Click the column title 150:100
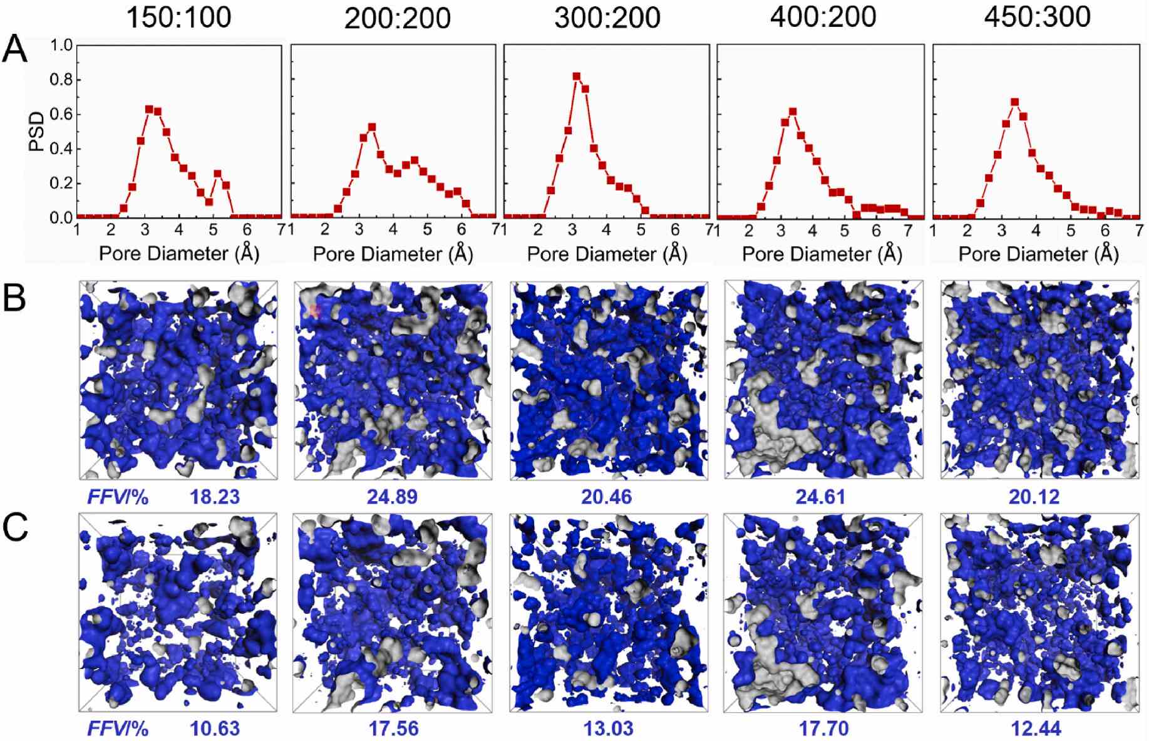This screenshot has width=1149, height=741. pos(179,17)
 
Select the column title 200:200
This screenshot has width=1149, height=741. pos(398,18)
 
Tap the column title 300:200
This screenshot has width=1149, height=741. pos(607,17)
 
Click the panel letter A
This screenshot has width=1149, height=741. pos(15,49)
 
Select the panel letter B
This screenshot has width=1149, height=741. pos(15,298)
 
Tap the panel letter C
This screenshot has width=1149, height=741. pos(15,528)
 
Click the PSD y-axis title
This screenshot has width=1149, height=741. pos(38,132)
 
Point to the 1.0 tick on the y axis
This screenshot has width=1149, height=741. pos(61,45)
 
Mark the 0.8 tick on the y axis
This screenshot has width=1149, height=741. pos(61,80)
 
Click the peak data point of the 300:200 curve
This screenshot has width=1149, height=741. pos(577,77)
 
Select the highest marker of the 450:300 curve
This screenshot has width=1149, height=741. pos(1015,102)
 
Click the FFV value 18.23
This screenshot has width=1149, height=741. pos(215,497)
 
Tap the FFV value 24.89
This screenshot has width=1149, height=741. pos(393,497)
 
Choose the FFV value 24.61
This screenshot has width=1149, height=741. pos(820,497)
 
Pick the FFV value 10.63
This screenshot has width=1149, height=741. pos(215,728)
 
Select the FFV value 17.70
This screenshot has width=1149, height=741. pos(820,728)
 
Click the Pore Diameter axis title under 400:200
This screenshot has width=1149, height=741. pos(822,254)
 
